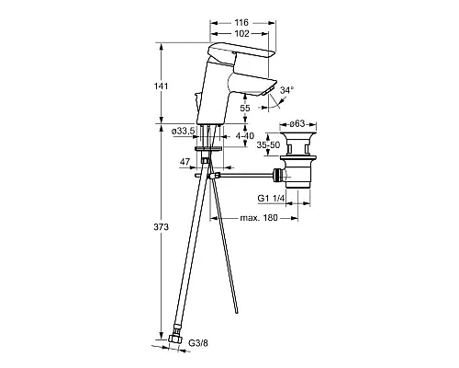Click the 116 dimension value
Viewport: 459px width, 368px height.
(x=241, y=22)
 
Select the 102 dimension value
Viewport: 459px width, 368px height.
(x=242, y=33)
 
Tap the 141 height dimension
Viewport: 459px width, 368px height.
(x=161, y=86)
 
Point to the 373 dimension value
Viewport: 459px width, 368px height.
(x=161, y=227)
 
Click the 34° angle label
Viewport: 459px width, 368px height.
(x=287, y=90)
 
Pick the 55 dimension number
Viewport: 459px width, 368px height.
(x=245, y=108)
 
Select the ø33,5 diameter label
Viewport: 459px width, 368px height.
(x=184, y=132)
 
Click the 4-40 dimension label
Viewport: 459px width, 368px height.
(x=245, y=135)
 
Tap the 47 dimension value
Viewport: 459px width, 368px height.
(x=185, y=162)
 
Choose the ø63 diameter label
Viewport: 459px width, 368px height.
(x=297, y=123)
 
